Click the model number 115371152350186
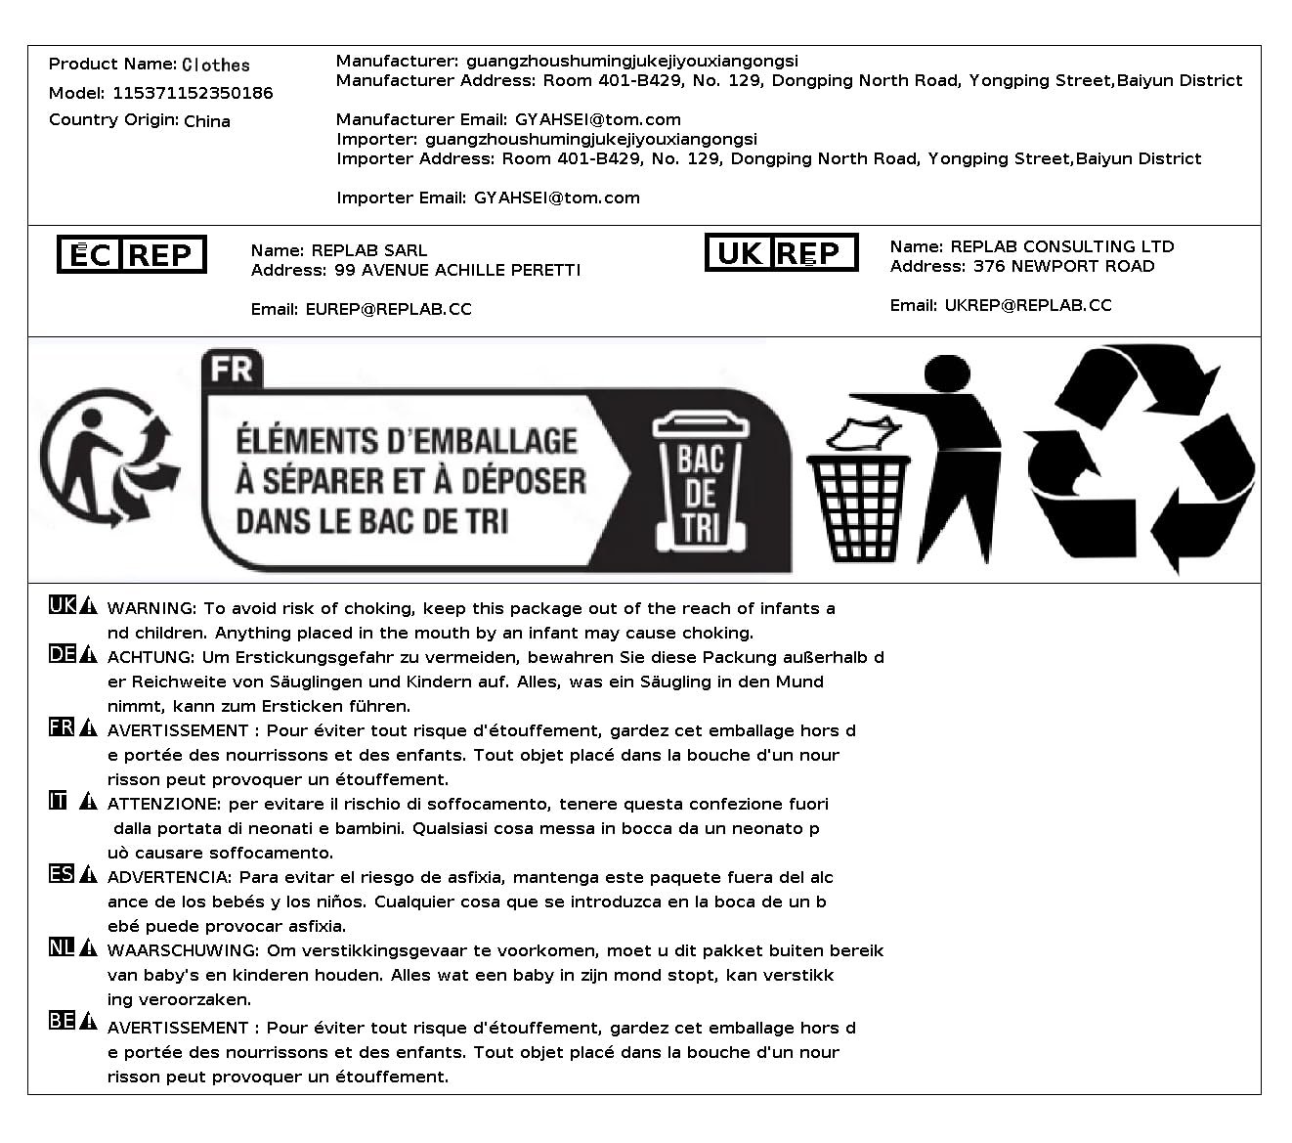[193, 94]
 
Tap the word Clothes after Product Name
[216, 66]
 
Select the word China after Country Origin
[207, 121]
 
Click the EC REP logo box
[132, 255]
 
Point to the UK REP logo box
[781, 253]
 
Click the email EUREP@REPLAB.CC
[388, 310]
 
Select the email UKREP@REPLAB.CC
[1027, 306]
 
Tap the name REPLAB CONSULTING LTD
[1062, 247]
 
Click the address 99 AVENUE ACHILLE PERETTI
[457, 271]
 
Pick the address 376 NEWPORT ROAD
[1063, 267]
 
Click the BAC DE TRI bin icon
[700, 479]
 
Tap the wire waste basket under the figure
[858, 508]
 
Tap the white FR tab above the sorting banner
[233, 369]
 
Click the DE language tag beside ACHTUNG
[62, 654]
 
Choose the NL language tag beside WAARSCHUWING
[62, 946]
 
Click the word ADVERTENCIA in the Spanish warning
[169, 878]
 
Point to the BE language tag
[62, 1021]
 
